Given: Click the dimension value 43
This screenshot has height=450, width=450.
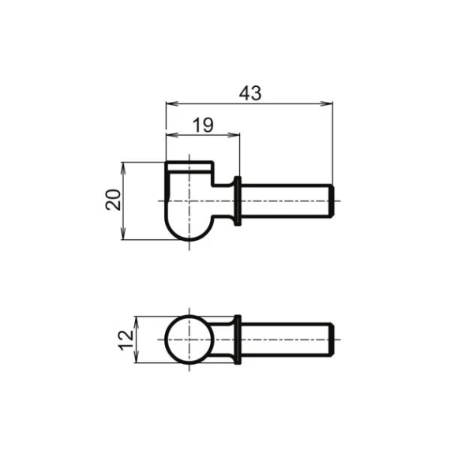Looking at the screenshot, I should click(x=249, y=92).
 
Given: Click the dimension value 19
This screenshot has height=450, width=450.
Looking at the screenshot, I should click(x=202, y=124).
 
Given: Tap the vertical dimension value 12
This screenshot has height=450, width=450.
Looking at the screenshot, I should click(x=124, y=340).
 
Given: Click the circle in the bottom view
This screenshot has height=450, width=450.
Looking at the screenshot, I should click(x=189, y=339).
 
